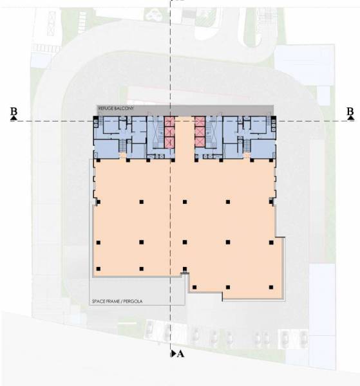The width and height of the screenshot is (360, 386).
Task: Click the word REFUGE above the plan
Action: [106, 109]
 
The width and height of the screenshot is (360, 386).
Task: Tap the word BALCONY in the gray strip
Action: [123, 109]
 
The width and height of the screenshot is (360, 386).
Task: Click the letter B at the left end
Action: [14, 112]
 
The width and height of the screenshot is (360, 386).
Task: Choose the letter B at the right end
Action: [350, 112]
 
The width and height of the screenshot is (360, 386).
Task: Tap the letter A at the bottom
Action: [180, 354]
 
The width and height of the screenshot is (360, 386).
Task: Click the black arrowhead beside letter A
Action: [173, 354]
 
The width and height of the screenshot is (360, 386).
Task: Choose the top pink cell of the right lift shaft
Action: [200, 122]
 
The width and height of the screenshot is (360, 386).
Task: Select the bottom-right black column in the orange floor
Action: [272, 286]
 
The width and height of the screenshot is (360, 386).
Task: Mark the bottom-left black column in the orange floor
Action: [98, 268]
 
